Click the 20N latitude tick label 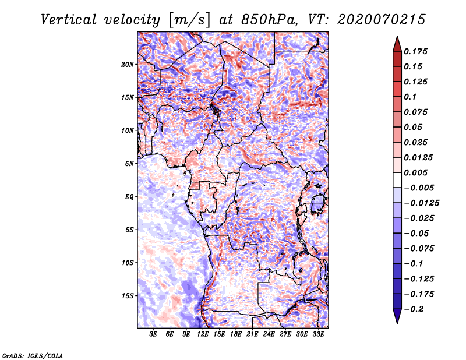click(x=128, y=64)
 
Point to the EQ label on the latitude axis click(x=129, y=196)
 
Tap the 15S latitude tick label click(x=128, y=295)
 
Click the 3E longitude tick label click(x=154, y=334)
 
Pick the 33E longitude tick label click(x=317, y=334)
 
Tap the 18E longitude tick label click(x=236, y=334)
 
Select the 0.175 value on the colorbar click(x=418, y=51)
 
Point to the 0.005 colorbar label click(x=418, y=172)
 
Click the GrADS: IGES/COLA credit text click(x=32, y=354)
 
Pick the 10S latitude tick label click(x=128, y=263)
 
